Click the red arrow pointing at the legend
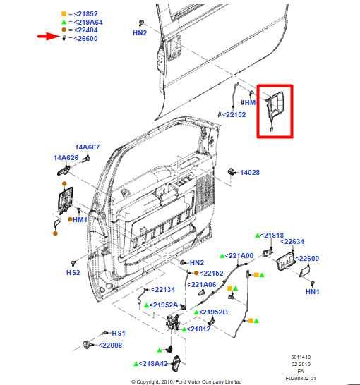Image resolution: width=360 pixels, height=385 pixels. point(48,37)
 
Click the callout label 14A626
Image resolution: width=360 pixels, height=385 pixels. point(66,158)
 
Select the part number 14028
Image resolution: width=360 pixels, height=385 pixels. point(250,172)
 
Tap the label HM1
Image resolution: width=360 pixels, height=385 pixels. point(80,219)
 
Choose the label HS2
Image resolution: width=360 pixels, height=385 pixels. point(73,271)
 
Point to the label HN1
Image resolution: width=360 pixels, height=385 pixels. point(313,291)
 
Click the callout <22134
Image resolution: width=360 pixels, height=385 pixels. point(164,289)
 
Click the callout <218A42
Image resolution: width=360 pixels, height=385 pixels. point(152,363)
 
